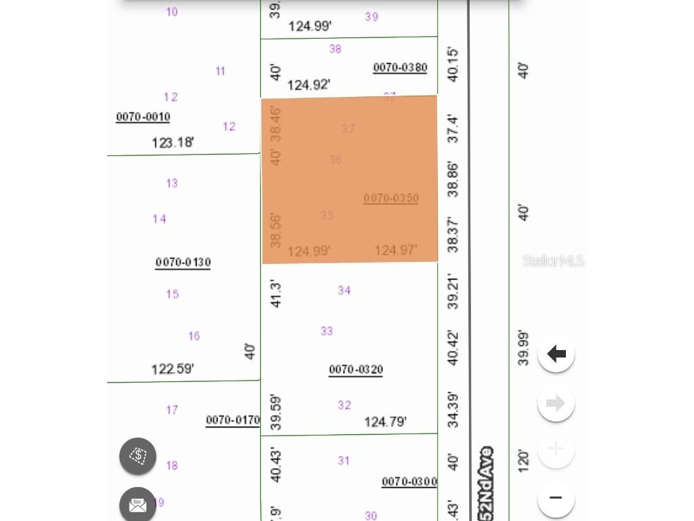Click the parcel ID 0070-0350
tap(391, 198)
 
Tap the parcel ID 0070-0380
tap(400, 67)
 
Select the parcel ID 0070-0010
tap(143, 117)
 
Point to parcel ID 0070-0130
tap(183, 262)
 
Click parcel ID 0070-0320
tap(356, 369)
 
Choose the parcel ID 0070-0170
tap(232, 420)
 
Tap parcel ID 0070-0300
tap(409, 482)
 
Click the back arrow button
tap(556, 353)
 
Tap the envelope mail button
tap(138, 505)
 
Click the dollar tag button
tap(138, 456)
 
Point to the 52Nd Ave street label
tap(485, 483)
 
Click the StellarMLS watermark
tap(553, 261)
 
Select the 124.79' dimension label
tap(385, 422)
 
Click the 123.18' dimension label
tap(172, 142)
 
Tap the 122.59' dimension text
tap(172, 369)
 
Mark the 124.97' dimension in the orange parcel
tap(395, 250)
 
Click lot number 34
tap(344, 290)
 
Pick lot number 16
tap(194, 336)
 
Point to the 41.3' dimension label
tap(276, 293)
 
